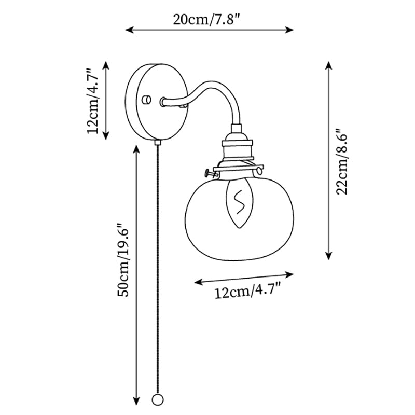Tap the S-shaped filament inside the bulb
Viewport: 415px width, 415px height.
[240, 202]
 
